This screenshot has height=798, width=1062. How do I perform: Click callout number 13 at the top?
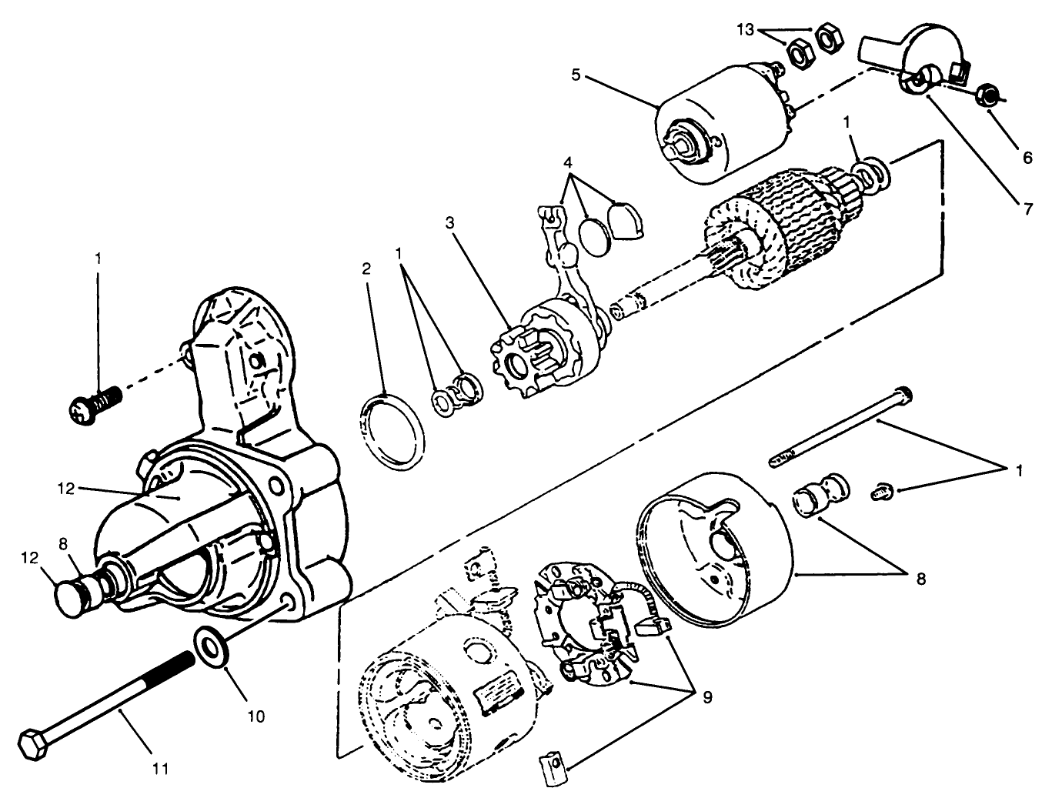pos(746,30)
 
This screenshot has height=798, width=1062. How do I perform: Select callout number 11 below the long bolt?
pos(161,767)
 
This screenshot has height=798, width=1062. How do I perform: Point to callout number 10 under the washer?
pos(256,716)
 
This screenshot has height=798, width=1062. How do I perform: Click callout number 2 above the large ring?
pos(366,269)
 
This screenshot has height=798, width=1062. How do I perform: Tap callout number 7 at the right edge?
pos(1027,208)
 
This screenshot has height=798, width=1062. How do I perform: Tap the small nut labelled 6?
pos(988,96)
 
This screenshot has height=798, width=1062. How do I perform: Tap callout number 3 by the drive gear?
pos(449,223)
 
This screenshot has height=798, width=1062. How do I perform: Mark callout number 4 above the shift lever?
pos(568,163)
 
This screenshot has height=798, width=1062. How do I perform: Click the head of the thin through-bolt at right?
pos(906,394)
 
